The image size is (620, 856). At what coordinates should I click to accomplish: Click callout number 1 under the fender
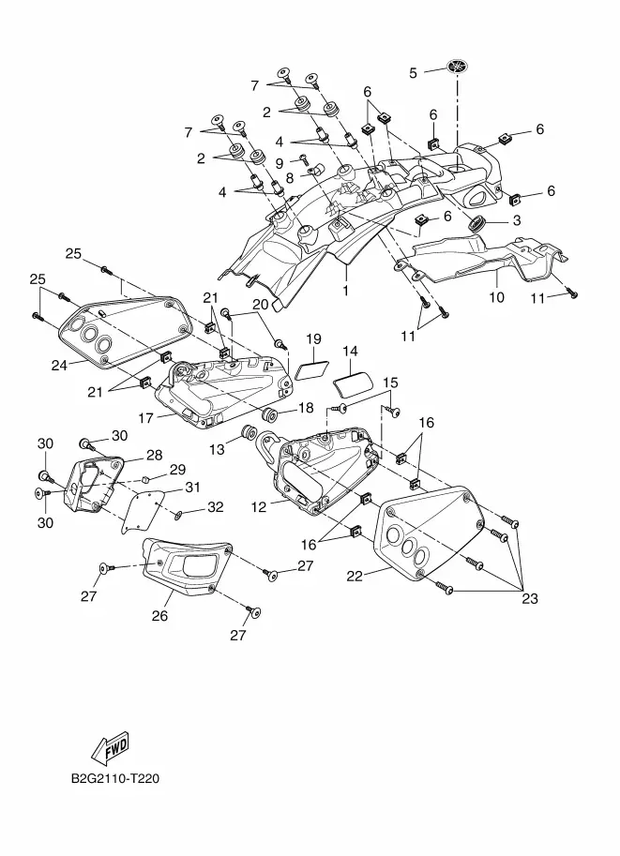pos(345,291)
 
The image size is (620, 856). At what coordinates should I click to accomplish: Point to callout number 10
pos(496,297)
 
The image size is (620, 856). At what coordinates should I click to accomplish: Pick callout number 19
pos(313,339)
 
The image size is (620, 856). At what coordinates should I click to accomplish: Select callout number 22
pos(355,576)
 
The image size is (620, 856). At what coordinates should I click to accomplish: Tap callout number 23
pos(530,599)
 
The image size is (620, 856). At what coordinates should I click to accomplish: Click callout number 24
pos(59,366)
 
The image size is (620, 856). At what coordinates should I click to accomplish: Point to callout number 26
pos(159,616)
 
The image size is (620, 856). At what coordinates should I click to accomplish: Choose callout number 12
pos(258,506)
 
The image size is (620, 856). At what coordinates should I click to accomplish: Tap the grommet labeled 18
pos(269,414)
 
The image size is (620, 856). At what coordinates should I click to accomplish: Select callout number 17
pos(146,418)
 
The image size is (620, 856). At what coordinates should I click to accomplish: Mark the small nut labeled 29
pos(145,480)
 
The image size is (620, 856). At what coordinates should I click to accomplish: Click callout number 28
pos(154,456)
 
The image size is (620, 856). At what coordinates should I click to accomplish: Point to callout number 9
pos(280,163)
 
